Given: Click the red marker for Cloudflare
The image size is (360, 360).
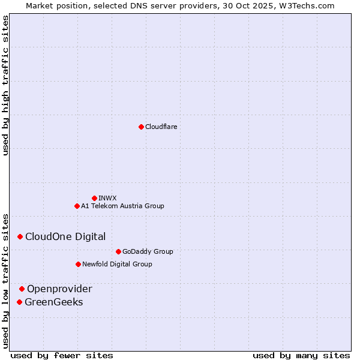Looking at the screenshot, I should click(141, 127).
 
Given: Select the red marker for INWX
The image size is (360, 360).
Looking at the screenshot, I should click(94, 198).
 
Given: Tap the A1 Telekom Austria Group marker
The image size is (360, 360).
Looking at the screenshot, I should click(77, 206).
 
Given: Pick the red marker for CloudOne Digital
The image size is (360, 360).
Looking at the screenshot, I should click(20, 237).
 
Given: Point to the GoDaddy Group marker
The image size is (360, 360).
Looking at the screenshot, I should click(118, 251).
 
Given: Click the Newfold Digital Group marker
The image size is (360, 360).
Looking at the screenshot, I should click(78, 264).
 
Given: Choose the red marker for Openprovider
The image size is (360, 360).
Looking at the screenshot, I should click(22, 289).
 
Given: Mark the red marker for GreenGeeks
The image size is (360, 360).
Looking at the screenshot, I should click(20, 302).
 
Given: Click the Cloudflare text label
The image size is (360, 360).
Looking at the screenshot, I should click(161, 127).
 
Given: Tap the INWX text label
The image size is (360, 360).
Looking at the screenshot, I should click(107, 198).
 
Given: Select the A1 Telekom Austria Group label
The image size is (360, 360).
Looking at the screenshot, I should click(122, 206).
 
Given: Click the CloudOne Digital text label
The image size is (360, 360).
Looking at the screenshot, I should click(65, 237).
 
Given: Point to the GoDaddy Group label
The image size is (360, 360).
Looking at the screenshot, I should click(148, 251).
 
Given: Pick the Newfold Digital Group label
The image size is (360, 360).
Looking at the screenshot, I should click(117, 264).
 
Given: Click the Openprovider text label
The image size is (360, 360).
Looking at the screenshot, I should click(59, 289).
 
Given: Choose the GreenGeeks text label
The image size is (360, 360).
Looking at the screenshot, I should click(53, 302).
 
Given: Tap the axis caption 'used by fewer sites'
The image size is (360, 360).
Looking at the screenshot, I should click(62, 356).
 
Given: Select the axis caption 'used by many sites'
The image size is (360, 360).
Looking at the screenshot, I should click(301, 356).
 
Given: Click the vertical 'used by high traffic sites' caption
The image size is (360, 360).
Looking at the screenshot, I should click(6, 85).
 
